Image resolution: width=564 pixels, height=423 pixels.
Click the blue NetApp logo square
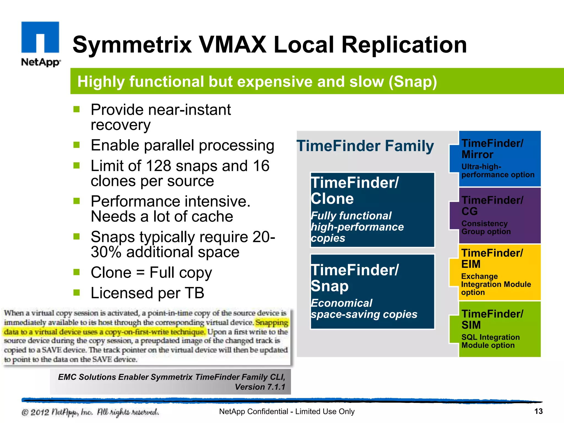coord(40,37)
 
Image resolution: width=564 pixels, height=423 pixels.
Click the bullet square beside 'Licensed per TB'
coord(77,292)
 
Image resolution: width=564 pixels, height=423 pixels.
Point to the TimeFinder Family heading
coord(365,146)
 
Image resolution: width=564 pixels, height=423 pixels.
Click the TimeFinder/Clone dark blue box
coord(372,210)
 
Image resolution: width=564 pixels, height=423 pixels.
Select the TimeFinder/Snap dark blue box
coord(372,292)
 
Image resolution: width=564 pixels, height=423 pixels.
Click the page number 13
coord(538,411)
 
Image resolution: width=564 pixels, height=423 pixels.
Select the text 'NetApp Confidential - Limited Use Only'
coord(287,411)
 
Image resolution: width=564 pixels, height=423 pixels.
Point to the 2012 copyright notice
coord(90,412)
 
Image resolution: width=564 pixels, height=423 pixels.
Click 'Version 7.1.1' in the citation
coord(260,387)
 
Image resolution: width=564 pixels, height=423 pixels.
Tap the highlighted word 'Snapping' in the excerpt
coord(271,322)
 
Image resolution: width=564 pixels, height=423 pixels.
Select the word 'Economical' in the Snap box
coord(341,303)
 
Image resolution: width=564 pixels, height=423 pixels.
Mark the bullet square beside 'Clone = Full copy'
coord(77,272)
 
